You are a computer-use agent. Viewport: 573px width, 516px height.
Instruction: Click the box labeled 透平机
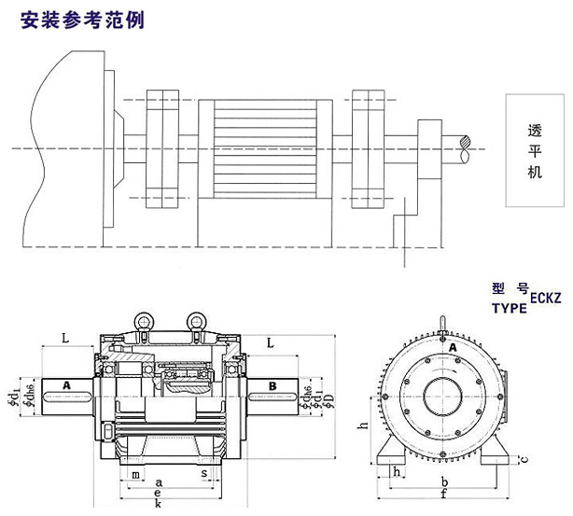pyautogui.click(x=535, y=149)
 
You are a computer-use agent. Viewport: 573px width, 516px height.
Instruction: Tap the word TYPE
pyautogui.click(x=508, y=306)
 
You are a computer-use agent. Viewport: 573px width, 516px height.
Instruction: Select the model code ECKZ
pyautogui.click(x=549, y=297)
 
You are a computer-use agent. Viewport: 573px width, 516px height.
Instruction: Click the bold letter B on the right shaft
pyautogui.click(x=273, y=384)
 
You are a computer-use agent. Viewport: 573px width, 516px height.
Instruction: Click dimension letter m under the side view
pyautogui.click(x=137, y=475)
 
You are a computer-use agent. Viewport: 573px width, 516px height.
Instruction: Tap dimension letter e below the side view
pyautogui.click(x=160, y=494)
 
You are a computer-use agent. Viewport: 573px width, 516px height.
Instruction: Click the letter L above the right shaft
pyautogui.click(x=270, y=343)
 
